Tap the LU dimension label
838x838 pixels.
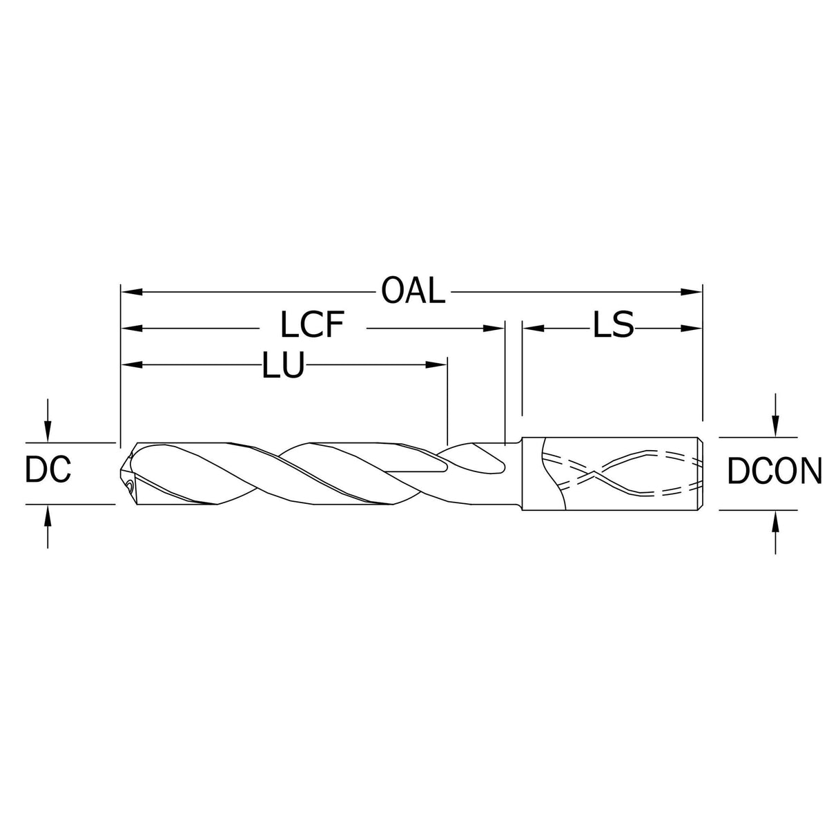coord(283,365)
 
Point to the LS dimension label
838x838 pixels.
coord(613,326)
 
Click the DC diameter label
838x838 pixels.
coord(48,471)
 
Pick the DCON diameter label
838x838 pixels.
coord(774,472)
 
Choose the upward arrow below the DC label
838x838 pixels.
coord(47,514)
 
